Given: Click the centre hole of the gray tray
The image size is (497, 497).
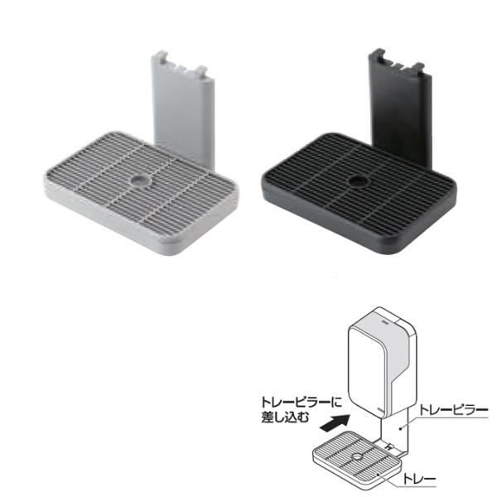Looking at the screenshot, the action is point(140,181).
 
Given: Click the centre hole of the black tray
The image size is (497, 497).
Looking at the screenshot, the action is point(358,182).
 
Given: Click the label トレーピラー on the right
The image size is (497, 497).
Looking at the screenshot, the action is point(453,410).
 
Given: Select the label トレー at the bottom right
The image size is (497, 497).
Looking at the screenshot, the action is point(419,479).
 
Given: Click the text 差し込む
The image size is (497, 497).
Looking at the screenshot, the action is point(285,417).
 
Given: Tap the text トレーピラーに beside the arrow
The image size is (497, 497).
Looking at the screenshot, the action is point(302,403).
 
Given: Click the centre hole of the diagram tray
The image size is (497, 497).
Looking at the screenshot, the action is point(357,456).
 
